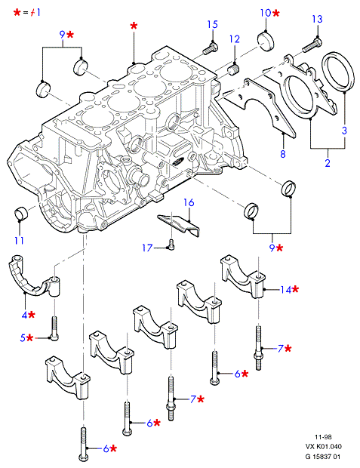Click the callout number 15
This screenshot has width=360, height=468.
click(x=213, y=24)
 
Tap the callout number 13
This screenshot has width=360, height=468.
click(x=317, y=19)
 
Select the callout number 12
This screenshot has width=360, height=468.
click(x=235, y=39)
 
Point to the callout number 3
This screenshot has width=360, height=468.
click(x=344, y=131)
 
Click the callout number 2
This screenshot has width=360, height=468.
click(x=328, y=163)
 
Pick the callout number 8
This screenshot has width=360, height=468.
click(x=283, y=154)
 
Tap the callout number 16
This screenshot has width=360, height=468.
click(x=189, y=202)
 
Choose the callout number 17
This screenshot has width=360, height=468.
click(x=147, y=248)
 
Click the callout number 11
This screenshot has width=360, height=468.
click(x=19, y=240)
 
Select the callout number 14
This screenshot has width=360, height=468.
click(x=285, y=290)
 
